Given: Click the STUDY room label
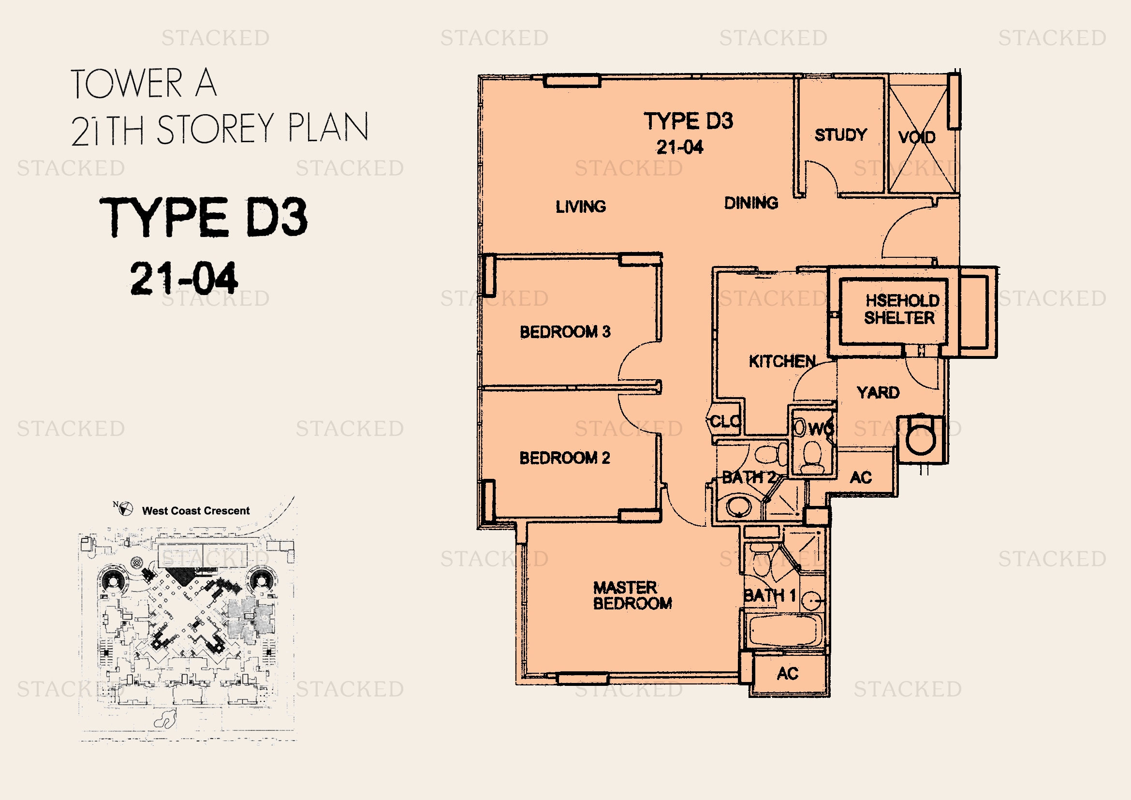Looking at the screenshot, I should [840, 135].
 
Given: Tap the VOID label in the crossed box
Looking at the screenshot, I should [916, 137].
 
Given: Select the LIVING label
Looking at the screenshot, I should [581, 207].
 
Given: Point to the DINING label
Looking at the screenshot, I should [751, 203].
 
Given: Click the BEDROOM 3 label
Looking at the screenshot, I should [565, 331].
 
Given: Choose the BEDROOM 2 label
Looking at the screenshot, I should [564, 458].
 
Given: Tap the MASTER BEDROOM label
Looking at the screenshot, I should [632, 595].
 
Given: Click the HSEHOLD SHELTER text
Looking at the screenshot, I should [901, 310].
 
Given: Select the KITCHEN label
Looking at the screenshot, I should [782, 361].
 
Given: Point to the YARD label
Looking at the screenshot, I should [878, 393].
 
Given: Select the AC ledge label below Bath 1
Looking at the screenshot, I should [787, 673].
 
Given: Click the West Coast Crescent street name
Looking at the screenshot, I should [195, 511].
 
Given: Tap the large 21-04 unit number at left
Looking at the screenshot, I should [184, 278].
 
